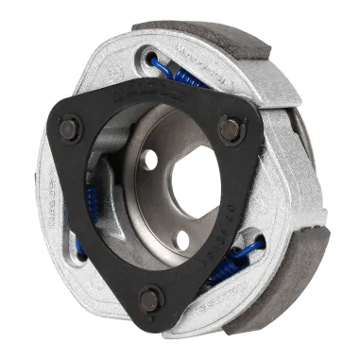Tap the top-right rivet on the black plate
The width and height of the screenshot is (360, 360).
(x=229, y=127)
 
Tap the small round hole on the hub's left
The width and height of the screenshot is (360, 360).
(x=150, y=160)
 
